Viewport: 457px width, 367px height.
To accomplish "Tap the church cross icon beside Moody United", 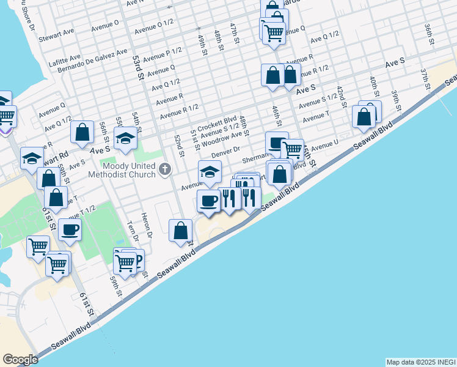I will click(164, 169).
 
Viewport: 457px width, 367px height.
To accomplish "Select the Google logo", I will click(20, 359).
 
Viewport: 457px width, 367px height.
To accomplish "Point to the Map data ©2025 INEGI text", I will click(420, 362).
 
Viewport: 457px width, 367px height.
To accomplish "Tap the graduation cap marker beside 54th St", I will click(125, 140).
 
